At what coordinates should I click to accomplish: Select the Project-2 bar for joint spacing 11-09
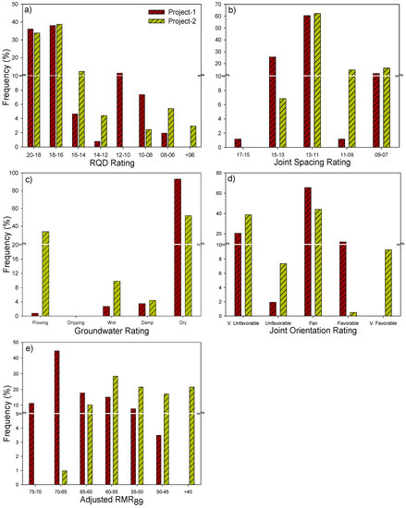pyautogui.click(x=351, y=108)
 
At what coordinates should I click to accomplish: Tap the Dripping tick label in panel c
pyautogui.click(x=72, y=325)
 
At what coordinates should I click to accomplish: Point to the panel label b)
pyautogui.click(x=221, y=10)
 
